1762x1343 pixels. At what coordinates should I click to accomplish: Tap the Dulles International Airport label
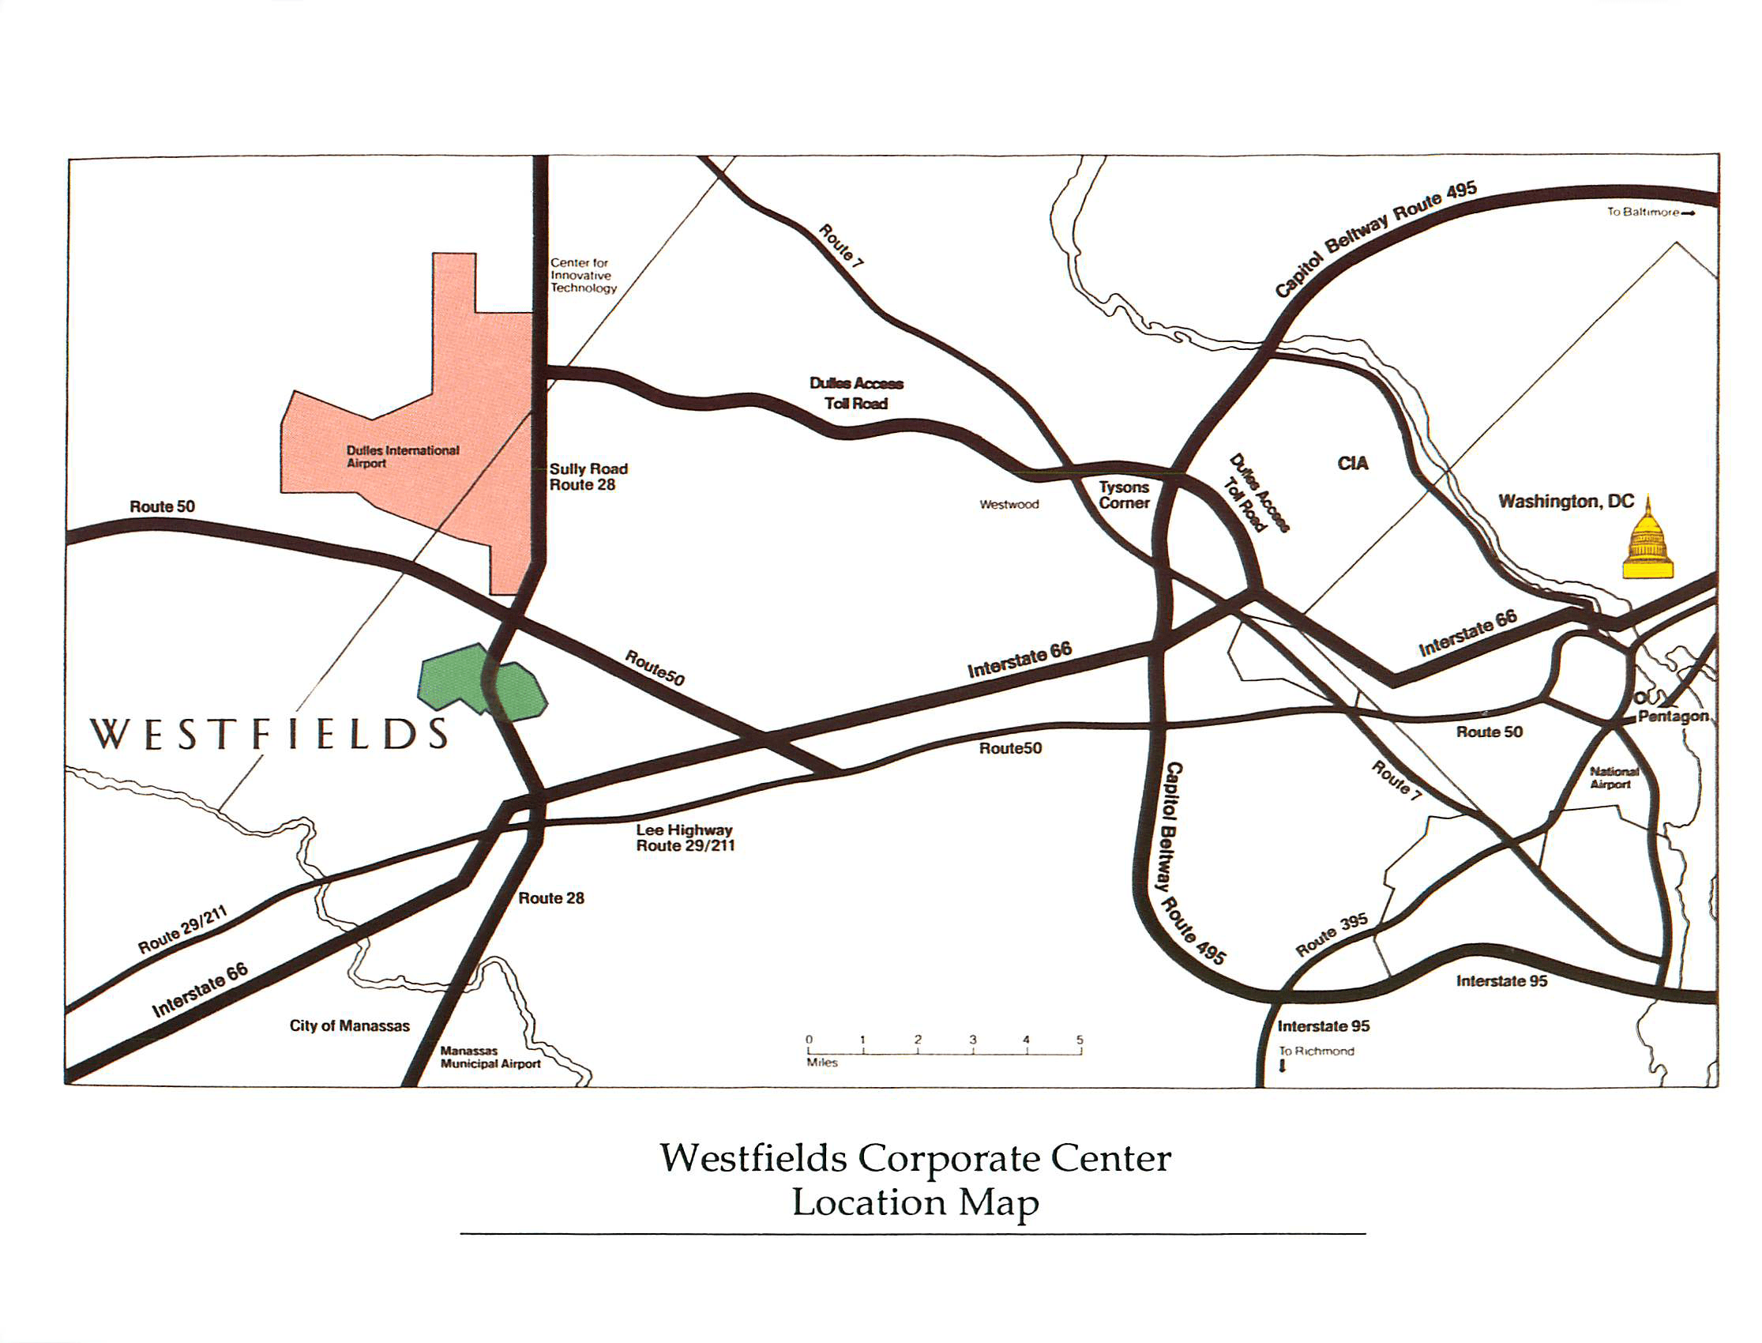pyautogui.click(x=402, y=457)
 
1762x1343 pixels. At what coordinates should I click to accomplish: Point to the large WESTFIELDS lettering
pyautogui.click(x=269, y=734)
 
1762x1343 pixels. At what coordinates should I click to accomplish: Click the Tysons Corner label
pyautogui.click(x=1124, y=495)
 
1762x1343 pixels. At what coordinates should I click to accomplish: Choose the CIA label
pyautogui.click(x=1352, y=464)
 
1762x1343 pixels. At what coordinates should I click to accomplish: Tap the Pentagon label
pyautogui.click(x=1673, y=717)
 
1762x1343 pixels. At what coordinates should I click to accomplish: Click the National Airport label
pyautogui.click(x=1614, y=778)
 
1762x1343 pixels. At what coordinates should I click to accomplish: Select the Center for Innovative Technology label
pyautogui.click(x=583, y=275)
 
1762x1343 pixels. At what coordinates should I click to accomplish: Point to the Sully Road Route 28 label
pyautogui.click(x=588, y=476)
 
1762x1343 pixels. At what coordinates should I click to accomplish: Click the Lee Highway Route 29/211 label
pyautogui.click(x=684, y=837)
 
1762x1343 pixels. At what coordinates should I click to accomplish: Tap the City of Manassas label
pyautogui.click(x=349, y=1025)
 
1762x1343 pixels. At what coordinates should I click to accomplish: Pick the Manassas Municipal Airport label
pyautogui.click(x=490, y=1057)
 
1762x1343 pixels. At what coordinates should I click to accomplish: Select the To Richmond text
pyautogui.click(x=1316, y=1051)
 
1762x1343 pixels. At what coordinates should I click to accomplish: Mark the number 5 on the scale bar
pyautogui.click(x=1079, y=1040)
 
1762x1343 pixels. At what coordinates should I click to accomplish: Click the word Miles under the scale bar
pyautogui.click(x=822, y=1063)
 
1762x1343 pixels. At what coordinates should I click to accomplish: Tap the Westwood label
pyautogui.click(x=1009, y=505)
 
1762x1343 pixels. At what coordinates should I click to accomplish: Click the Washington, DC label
pyautogui.click(x=1565, y=501)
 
